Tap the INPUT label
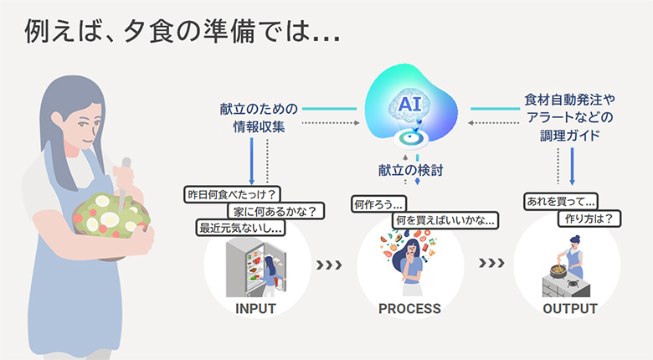point(255,309)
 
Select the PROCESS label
point(409,309)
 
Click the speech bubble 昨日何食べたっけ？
point(230,195)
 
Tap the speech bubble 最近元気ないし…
point(240,227)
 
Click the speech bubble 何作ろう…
point(380,203)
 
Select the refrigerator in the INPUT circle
point(249,265)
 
